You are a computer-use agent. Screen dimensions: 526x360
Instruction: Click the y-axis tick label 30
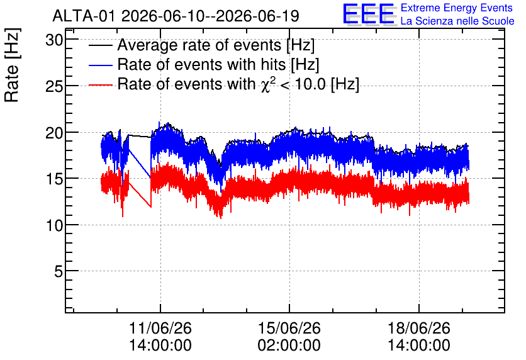pos(54,41)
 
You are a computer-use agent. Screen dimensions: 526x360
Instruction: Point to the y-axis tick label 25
pos(54,87)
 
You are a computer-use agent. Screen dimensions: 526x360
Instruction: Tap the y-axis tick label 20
pos(54,133)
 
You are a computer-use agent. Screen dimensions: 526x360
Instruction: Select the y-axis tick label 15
pos(54,179)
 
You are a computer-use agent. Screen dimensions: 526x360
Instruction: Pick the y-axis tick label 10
pos(54,225)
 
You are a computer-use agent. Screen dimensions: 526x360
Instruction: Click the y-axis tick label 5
pos(59,271)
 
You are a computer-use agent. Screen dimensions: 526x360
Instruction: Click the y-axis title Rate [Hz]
pos(12,65)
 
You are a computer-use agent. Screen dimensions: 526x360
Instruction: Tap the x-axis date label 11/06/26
pos(160,328)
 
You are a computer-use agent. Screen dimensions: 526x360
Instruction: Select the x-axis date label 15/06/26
pos(289,328)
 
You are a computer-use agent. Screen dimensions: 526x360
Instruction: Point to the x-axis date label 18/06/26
pos(419,328)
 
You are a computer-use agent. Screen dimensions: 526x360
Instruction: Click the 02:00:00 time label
pos(289,346)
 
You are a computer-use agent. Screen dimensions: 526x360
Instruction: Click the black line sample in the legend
pos(100,45)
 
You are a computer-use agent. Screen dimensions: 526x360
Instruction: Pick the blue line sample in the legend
pos(100,65)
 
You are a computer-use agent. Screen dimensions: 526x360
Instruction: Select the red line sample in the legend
pos(100,85)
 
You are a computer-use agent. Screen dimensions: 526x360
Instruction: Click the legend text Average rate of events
pos(199,45)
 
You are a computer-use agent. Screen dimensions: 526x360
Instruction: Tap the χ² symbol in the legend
pos(266,84)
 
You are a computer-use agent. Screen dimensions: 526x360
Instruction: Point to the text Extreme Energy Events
pos(457,8)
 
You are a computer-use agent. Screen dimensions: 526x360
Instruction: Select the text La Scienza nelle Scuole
pos(457,21)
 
